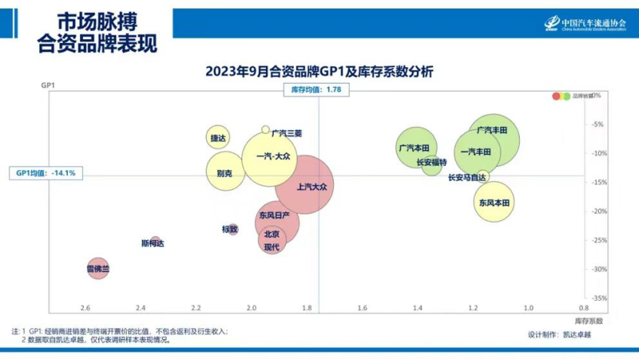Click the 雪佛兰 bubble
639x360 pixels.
click(x=97, y=268)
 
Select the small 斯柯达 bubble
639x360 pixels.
click(x=155, y=241)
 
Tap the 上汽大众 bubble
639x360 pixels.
click(x=305, y=185)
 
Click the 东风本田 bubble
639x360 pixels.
click(x=493, y=202)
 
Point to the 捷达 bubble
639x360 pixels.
click(x=218, y=138)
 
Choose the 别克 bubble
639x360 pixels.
click(x=225, y=173)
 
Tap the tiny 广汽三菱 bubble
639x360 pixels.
click(x=266, y=130)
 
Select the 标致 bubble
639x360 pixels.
click(x=232, y=228)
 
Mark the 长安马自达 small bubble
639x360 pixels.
click(x=483, y=175)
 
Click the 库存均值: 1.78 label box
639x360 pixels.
click(x=316, y=90)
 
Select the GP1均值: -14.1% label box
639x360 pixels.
click(x=46, y=173)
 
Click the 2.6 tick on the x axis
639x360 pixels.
click(x=85, y=308)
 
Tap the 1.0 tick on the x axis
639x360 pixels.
click(x=528, y=308)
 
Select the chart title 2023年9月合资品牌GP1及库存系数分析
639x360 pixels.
click(x=319, y=72)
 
